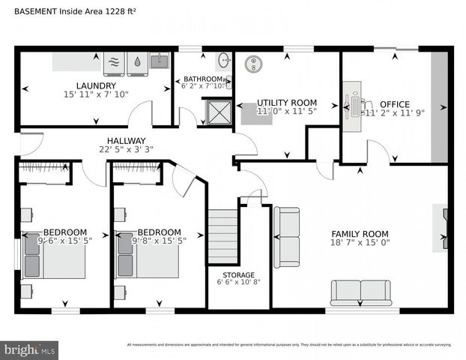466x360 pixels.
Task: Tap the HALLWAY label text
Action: tap(120, 139)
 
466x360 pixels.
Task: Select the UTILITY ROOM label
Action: tap(287, 102)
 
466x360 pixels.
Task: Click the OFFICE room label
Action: tap(394, 103)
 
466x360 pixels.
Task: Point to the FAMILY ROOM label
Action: tap(360, 234)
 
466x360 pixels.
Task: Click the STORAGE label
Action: tap(238, 274)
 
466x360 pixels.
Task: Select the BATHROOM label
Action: tap(203, 79)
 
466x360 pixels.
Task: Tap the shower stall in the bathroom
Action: tap(220, 113)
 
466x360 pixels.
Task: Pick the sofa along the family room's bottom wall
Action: tap(360, 292)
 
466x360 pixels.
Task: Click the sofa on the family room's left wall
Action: tap(286, 236)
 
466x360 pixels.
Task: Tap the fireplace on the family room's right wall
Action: tap(442, 229)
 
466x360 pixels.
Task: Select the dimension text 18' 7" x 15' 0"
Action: tap(360, 243)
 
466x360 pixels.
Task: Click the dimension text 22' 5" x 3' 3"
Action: tap(120, 148)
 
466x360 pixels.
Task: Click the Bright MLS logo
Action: tap(30, 349)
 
